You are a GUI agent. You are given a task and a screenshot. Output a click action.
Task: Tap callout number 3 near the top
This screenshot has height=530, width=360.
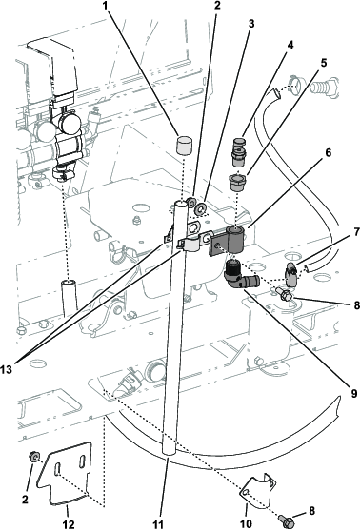(251, 24)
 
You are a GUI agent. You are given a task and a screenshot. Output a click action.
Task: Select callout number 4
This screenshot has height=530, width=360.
(290, 45)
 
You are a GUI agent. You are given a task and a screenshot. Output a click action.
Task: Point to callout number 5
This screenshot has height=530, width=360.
(324, 63)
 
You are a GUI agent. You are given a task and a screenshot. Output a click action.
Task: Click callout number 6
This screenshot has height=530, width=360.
(329, 153)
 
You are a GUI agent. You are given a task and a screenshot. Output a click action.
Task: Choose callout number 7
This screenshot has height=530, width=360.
(355, 232)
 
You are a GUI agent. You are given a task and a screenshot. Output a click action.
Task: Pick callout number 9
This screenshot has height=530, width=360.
(353, 393)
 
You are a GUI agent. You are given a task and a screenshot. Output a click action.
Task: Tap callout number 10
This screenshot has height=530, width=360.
(247, 523)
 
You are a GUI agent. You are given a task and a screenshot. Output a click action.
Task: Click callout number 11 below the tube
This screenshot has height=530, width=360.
(158, 524)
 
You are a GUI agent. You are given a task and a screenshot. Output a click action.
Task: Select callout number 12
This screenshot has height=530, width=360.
(69, 524)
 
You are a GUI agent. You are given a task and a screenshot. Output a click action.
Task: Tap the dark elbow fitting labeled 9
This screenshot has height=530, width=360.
(240, 277)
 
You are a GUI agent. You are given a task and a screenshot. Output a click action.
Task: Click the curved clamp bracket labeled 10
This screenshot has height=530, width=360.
(258, 492)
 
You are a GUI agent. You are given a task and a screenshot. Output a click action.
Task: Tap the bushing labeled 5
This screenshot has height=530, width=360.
(239, 182)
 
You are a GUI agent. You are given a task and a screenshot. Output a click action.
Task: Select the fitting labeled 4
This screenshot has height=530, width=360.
(239, 151)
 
